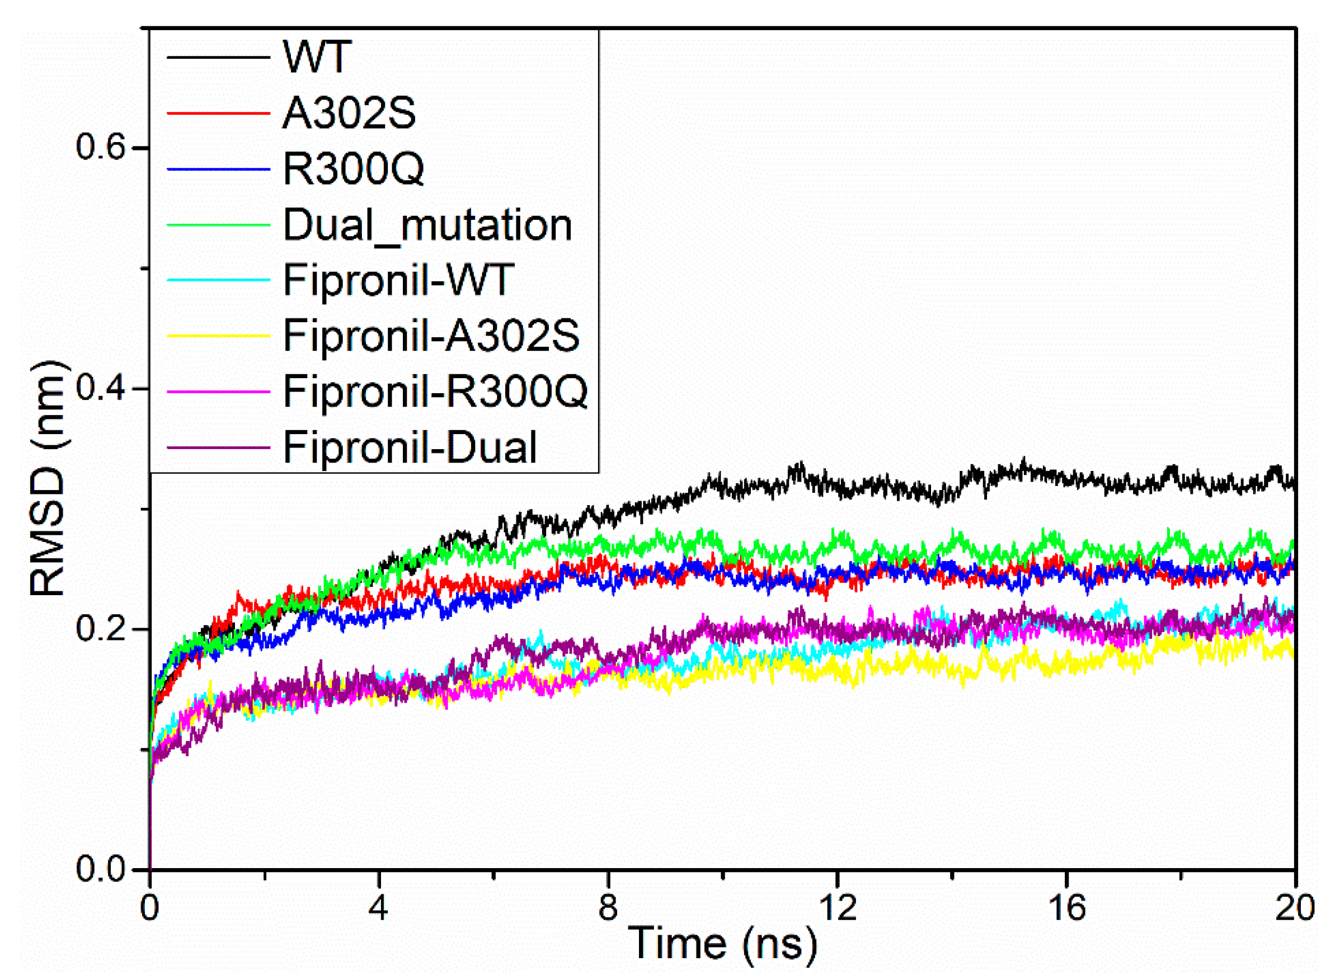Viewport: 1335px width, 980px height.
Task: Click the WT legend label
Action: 317,58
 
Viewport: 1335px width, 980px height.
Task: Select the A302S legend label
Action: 349,113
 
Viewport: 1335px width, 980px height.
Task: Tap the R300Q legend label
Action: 354,169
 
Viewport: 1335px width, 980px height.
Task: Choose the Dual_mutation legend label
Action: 427,225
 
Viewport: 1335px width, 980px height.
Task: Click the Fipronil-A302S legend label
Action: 431,336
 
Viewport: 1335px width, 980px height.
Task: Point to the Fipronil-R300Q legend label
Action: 435,392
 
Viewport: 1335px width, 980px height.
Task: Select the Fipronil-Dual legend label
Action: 410,447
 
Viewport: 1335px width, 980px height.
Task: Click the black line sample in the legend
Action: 218,58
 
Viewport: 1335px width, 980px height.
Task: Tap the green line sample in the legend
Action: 218,225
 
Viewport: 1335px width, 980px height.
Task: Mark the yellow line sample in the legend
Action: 218,336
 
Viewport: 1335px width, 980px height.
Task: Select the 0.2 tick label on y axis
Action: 101,629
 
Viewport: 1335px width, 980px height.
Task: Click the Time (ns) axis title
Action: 723,943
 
